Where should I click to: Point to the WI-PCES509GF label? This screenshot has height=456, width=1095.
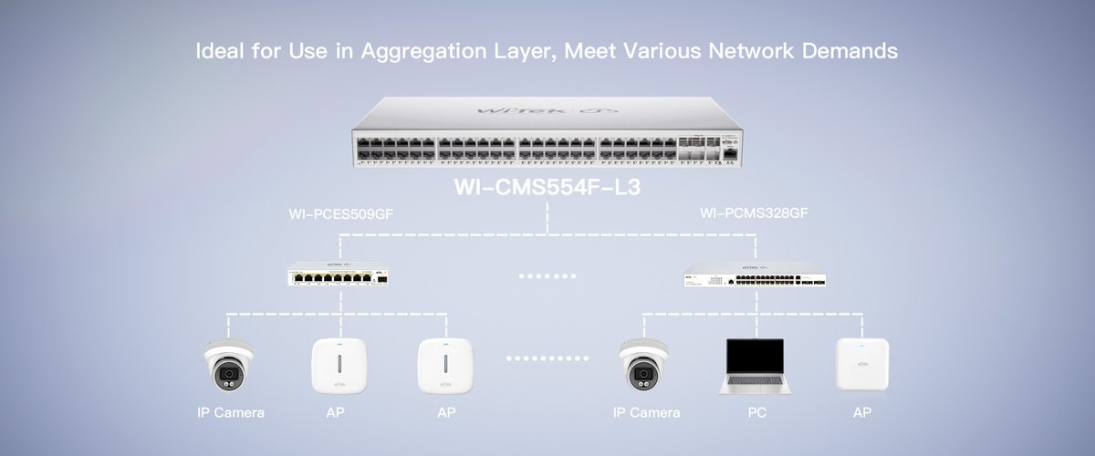340,215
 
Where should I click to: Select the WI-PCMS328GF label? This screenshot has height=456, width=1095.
754,215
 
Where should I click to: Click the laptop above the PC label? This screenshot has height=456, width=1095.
752,366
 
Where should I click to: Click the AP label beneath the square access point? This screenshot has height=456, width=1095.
861,413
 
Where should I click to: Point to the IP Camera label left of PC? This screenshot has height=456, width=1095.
647,413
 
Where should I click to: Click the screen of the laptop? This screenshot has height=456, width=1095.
752,358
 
